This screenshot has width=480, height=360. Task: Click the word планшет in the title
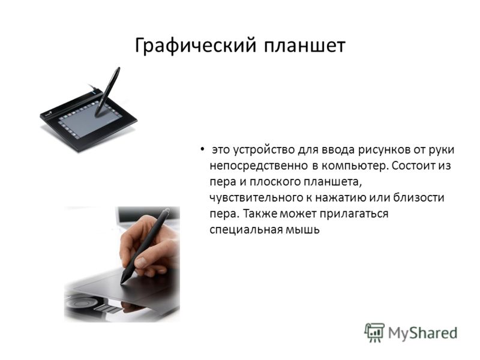pyautogui.click(x=305, y=46)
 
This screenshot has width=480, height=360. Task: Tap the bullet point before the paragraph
pyautogui.click(x=202, y=149)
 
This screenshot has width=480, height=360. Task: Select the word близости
pyautogui.click(x=418, y=198)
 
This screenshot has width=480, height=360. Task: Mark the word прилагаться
pyautogui.click(x=354, y=214)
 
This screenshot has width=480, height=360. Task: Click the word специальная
pyautogui.click(x=245, y=230)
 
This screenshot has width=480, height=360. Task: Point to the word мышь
pyautogui.click(x=302, y=230)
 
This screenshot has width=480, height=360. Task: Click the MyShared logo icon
pyautogui.click(x=374, y=333)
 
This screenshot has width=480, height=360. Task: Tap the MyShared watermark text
pyautogui.click(x=422, y=333)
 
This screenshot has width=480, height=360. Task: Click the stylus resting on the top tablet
pyautogui.click(x=107, y=92)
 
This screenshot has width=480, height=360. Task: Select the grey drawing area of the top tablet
pyautogui.click(x=89, y=121)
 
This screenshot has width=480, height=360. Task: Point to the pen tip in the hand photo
pyautogui.click(x=122, y=282)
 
